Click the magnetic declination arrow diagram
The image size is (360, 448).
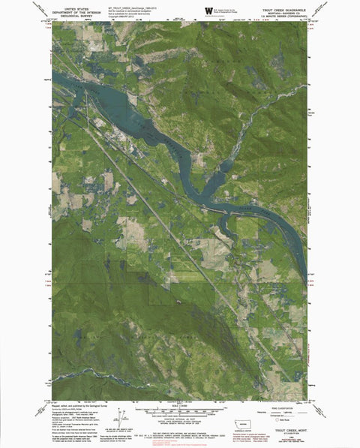[122, 416]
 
